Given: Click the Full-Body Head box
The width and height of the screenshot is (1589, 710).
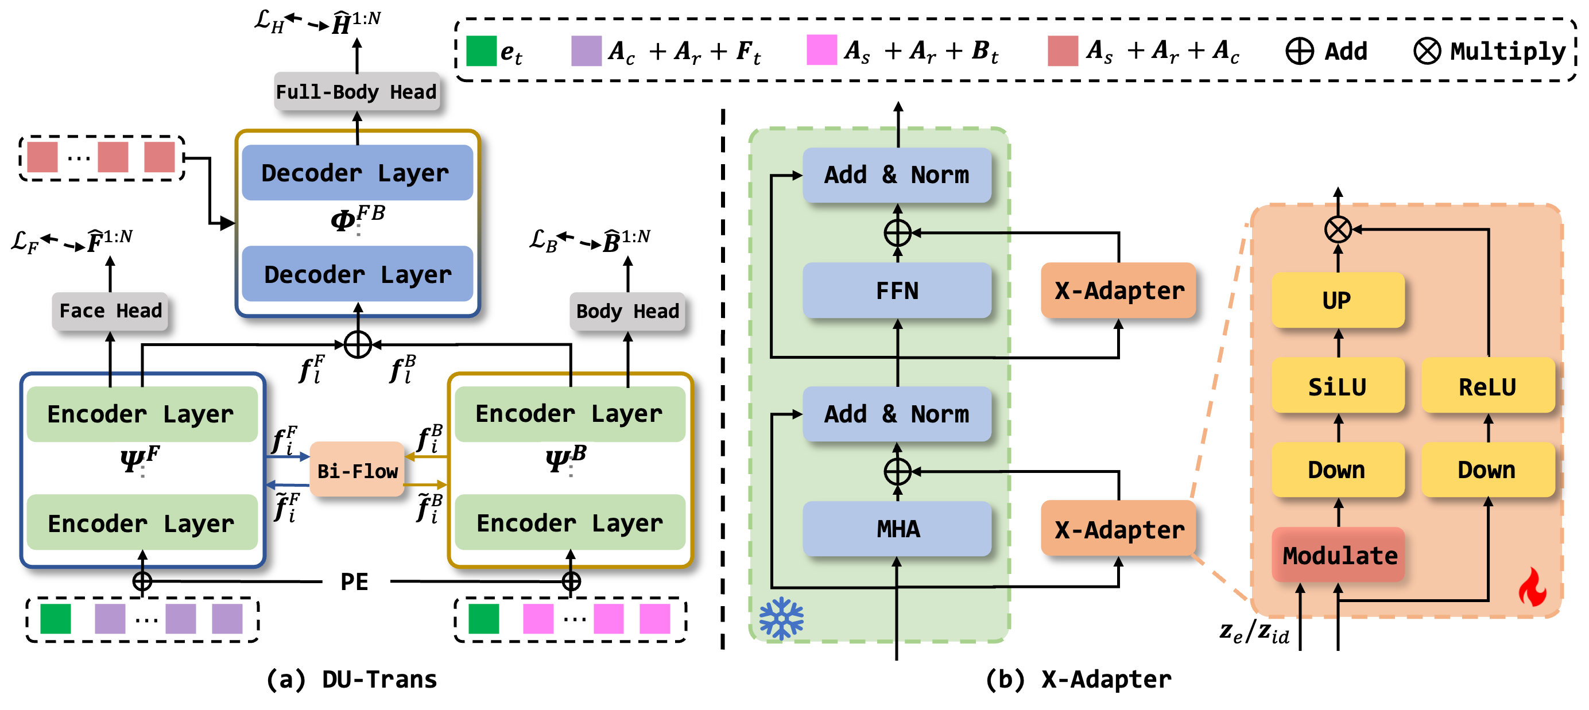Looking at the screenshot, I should [356, 91].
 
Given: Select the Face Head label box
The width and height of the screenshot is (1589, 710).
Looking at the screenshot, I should [110, 311].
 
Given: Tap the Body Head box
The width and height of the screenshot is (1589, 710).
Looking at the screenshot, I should [627, 311].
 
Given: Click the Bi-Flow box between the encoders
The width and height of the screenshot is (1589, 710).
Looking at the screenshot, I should [357, 470].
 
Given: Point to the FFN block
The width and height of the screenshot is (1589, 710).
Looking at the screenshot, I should [897, 290].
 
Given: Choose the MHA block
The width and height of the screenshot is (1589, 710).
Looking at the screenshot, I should [897, 529].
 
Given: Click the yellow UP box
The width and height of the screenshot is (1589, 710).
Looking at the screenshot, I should [1338, 300].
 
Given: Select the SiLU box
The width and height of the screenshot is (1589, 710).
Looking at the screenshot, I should [1338, 386].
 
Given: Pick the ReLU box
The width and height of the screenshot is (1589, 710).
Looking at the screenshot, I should [1487, 386].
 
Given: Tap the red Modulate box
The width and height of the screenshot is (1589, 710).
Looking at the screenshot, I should [1339, 555].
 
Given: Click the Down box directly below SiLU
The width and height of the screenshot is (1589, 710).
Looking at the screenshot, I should [1338, 470].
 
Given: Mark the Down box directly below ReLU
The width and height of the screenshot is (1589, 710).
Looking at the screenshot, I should [1487, 470].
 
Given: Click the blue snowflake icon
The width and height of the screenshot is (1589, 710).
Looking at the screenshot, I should [781, 618].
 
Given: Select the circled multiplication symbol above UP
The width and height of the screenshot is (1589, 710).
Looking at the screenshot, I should [1338, 230].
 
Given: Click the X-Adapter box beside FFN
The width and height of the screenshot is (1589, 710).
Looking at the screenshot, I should [1118, 290].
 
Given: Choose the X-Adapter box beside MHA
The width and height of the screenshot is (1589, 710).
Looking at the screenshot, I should [1118, 529].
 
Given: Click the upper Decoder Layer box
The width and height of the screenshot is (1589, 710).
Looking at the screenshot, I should [356, 173].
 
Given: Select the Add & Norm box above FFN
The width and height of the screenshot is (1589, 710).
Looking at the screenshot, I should [897, 175].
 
